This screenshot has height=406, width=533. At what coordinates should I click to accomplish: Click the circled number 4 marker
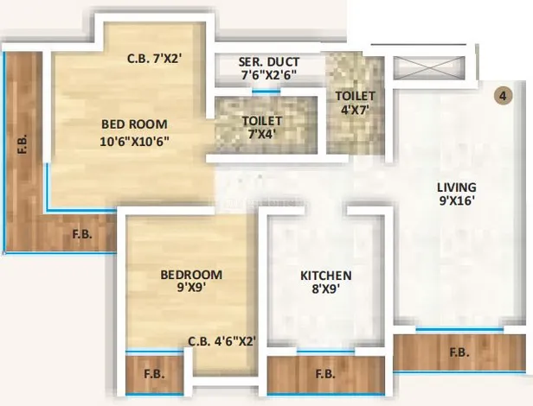(x=503, y=96)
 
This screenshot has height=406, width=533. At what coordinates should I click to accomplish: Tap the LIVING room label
(x=457, y=187)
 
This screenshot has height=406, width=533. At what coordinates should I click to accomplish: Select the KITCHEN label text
(x=326, y=276)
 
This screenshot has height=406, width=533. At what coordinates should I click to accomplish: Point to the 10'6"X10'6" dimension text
(x=135, y=141)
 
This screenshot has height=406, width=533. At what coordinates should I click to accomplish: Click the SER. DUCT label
(x=269, y=62)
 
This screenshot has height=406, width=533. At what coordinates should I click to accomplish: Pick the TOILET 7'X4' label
(x=261, y=127)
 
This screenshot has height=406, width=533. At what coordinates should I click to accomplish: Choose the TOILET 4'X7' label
(x=356, y=103)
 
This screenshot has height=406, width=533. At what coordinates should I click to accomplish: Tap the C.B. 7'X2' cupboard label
(x=155, y=59)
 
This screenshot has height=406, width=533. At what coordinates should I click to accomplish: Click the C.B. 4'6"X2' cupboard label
(x=222, y=341)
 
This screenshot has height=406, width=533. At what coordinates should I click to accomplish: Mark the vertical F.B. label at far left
(x=22, y=144)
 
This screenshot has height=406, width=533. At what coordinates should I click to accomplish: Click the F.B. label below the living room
(x=459, y=352)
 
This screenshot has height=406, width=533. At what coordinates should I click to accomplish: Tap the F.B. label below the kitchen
(x=325, y=374)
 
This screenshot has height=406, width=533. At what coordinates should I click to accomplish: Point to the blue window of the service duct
(x=266, y=91)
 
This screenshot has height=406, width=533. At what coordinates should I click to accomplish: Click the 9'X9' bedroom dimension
(x=192, y=288)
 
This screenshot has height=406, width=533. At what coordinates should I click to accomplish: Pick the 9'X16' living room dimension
(x=457, y=201)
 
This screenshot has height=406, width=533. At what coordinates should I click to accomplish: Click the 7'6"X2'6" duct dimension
(x=269, y=75)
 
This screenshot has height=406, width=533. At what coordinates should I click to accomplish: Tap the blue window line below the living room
(x=459, y=328)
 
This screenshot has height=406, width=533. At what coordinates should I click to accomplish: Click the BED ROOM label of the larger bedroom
(x=135, y=124)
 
